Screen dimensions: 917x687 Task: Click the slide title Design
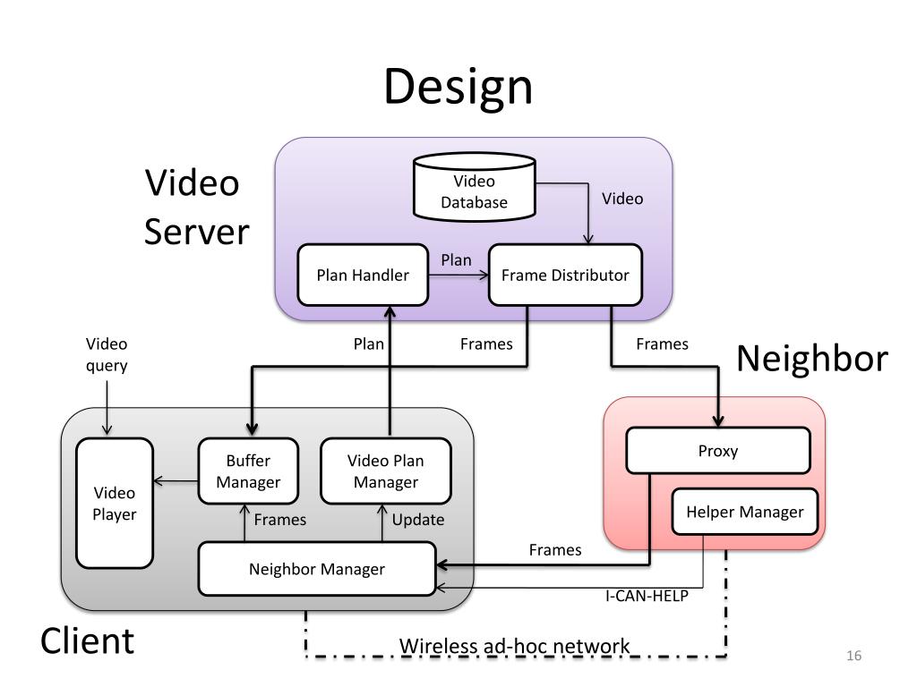point(458,87)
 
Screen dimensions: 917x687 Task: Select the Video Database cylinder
point(475,187)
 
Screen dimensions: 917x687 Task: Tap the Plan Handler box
point(363,275)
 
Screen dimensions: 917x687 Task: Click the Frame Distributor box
point(565,275)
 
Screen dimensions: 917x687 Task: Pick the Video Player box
point(115,503)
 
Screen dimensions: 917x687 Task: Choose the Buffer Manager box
point(248,471)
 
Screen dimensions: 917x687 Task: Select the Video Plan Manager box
point(385,471)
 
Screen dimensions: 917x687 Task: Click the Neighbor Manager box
point(317,568)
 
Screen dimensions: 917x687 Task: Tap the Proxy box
point(718,451)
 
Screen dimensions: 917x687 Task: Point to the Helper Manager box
point(744,512)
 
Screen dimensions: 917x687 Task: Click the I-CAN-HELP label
point(647,596)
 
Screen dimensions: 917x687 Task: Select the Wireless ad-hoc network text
point(515,646)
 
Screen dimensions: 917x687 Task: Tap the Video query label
point(107,354)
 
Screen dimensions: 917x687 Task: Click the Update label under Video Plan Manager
point(418,520)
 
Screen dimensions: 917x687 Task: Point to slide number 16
point(853,656)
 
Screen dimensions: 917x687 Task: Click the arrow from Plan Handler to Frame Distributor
point(458,276)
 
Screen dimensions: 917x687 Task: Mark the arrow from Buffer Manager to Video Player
point(176,481)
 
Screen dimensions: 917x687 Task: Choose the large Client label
point(87,640)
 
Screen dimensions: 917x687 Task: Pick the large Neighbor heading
point(812,358)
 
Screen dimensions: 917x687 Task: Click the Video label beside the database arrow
point(622,199)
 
